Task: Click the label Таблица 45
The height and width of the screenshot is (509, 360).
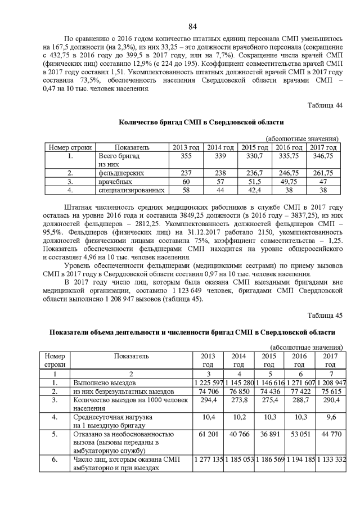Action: pos(325,316)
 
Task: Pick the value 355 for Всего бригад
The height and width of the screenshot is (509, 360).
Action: pos(186,155)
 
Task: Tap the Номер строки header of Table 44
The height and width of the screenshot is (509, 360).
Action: pos(71,147)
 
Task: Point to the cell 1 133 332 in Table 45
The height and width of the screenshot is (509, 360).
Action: pos(330,460)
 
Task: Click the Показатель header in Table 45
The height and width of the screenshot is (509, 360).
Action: pos(131,356)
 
